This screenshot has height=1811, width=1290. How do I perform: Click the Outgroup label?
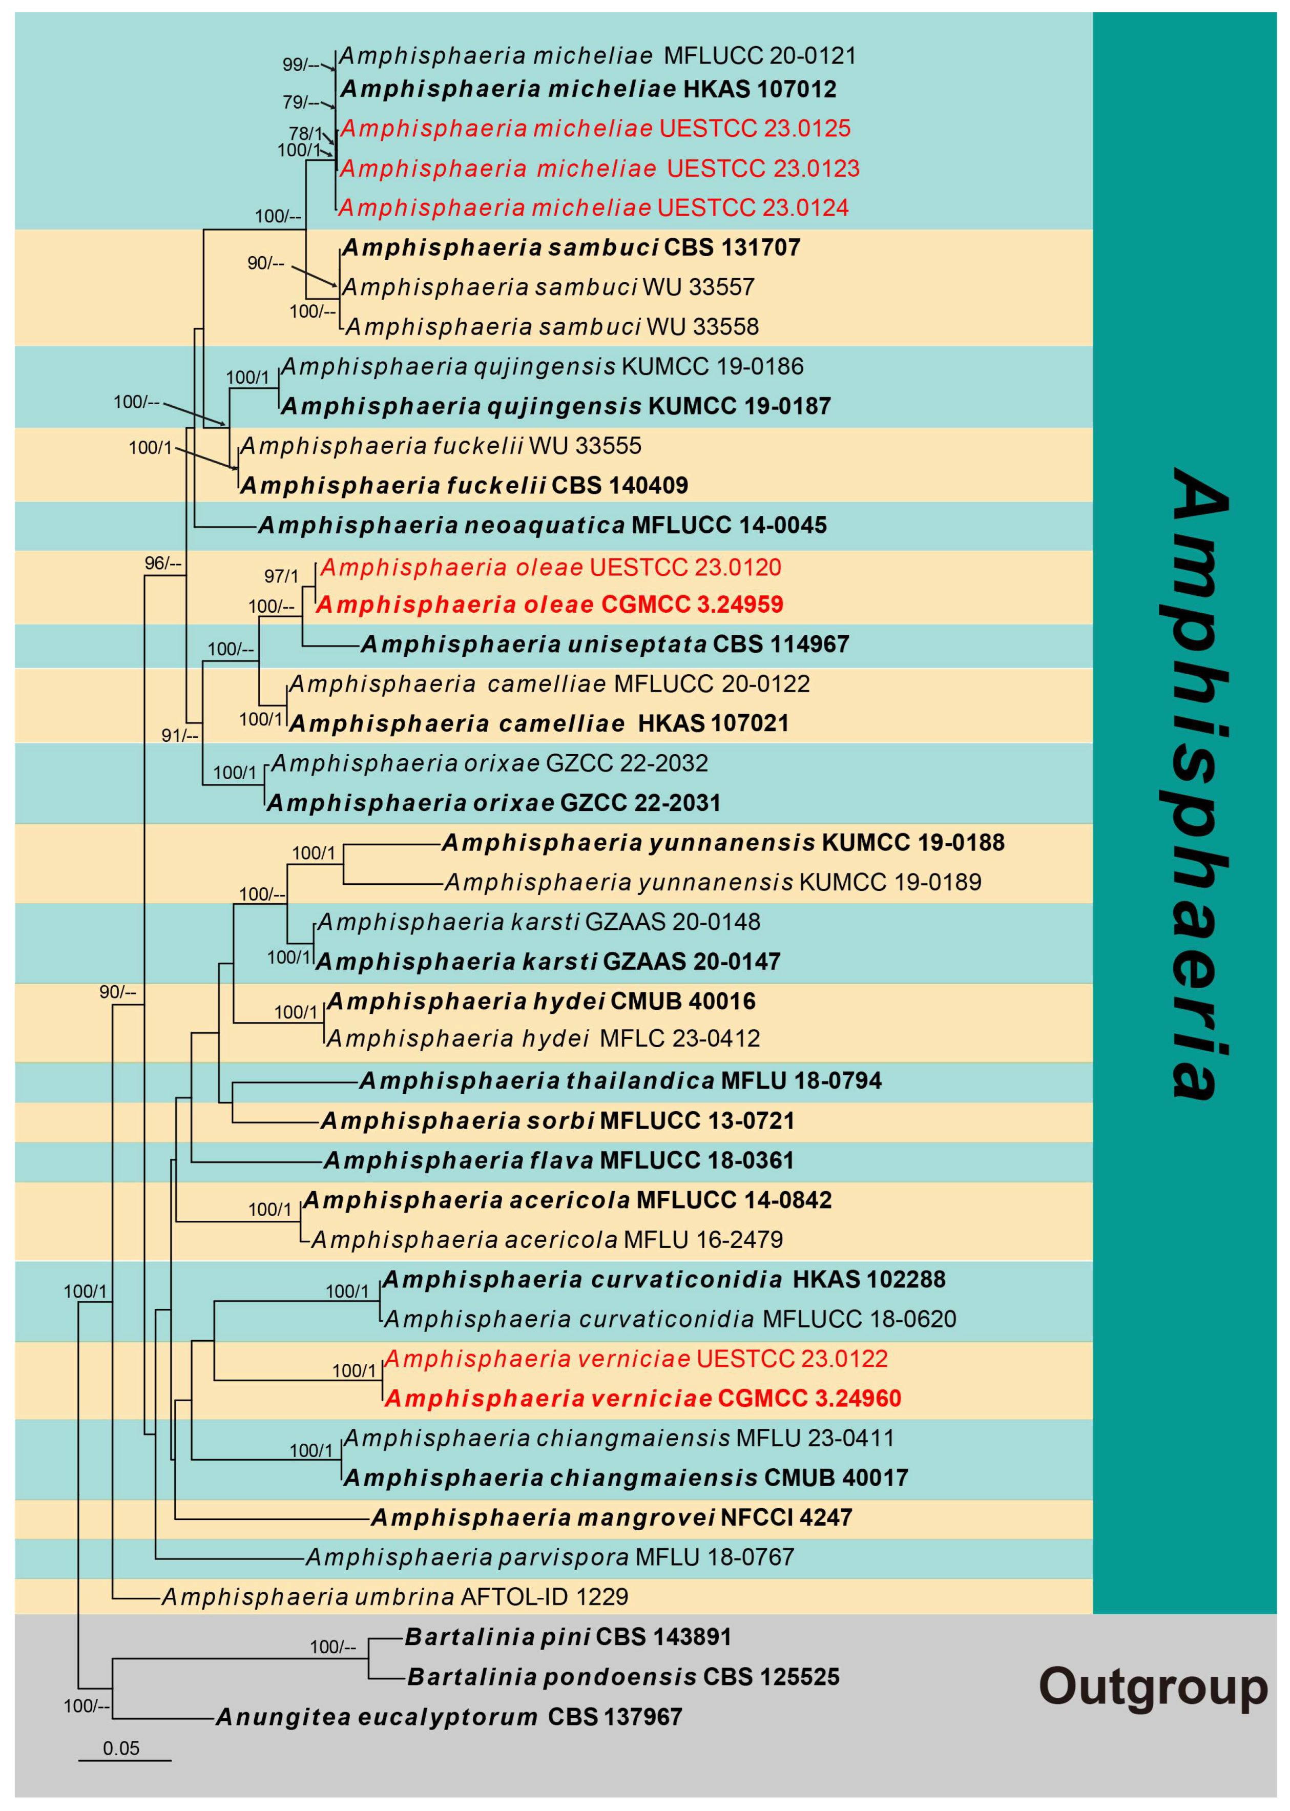tap(1153, 1685)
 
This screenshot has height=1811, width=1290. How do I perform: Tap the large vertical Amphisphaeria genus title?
tap(1199, 782)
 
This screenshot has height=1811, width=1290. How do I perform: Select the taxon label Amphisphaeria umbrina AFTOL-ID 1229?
tap(395, 1596)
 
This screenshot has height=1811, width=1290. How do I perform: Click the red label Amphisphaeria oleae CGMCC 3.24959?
tap(550, 605)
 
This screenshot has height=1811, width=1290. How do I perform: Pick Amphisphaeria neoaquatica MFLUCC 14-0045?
tap(543, 525)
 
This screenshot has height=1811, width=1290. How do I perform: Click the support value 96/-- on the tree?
tap(163, 563)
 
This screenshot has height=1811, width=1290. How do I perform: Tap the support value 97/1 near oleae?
tap(281, 576)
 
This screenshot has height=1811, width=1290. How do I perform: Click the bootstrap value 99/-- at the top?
tap(300, 65)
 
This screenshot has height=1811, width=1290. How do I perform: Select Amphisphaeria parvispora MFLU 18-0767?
tap(550, 1557)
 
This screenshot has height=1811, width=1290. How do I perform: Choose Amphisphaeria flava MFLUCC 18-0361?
tap(558, 1160)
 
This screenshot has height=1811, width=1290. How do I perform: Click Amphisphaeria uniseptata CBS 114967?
tap(605, 644)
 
